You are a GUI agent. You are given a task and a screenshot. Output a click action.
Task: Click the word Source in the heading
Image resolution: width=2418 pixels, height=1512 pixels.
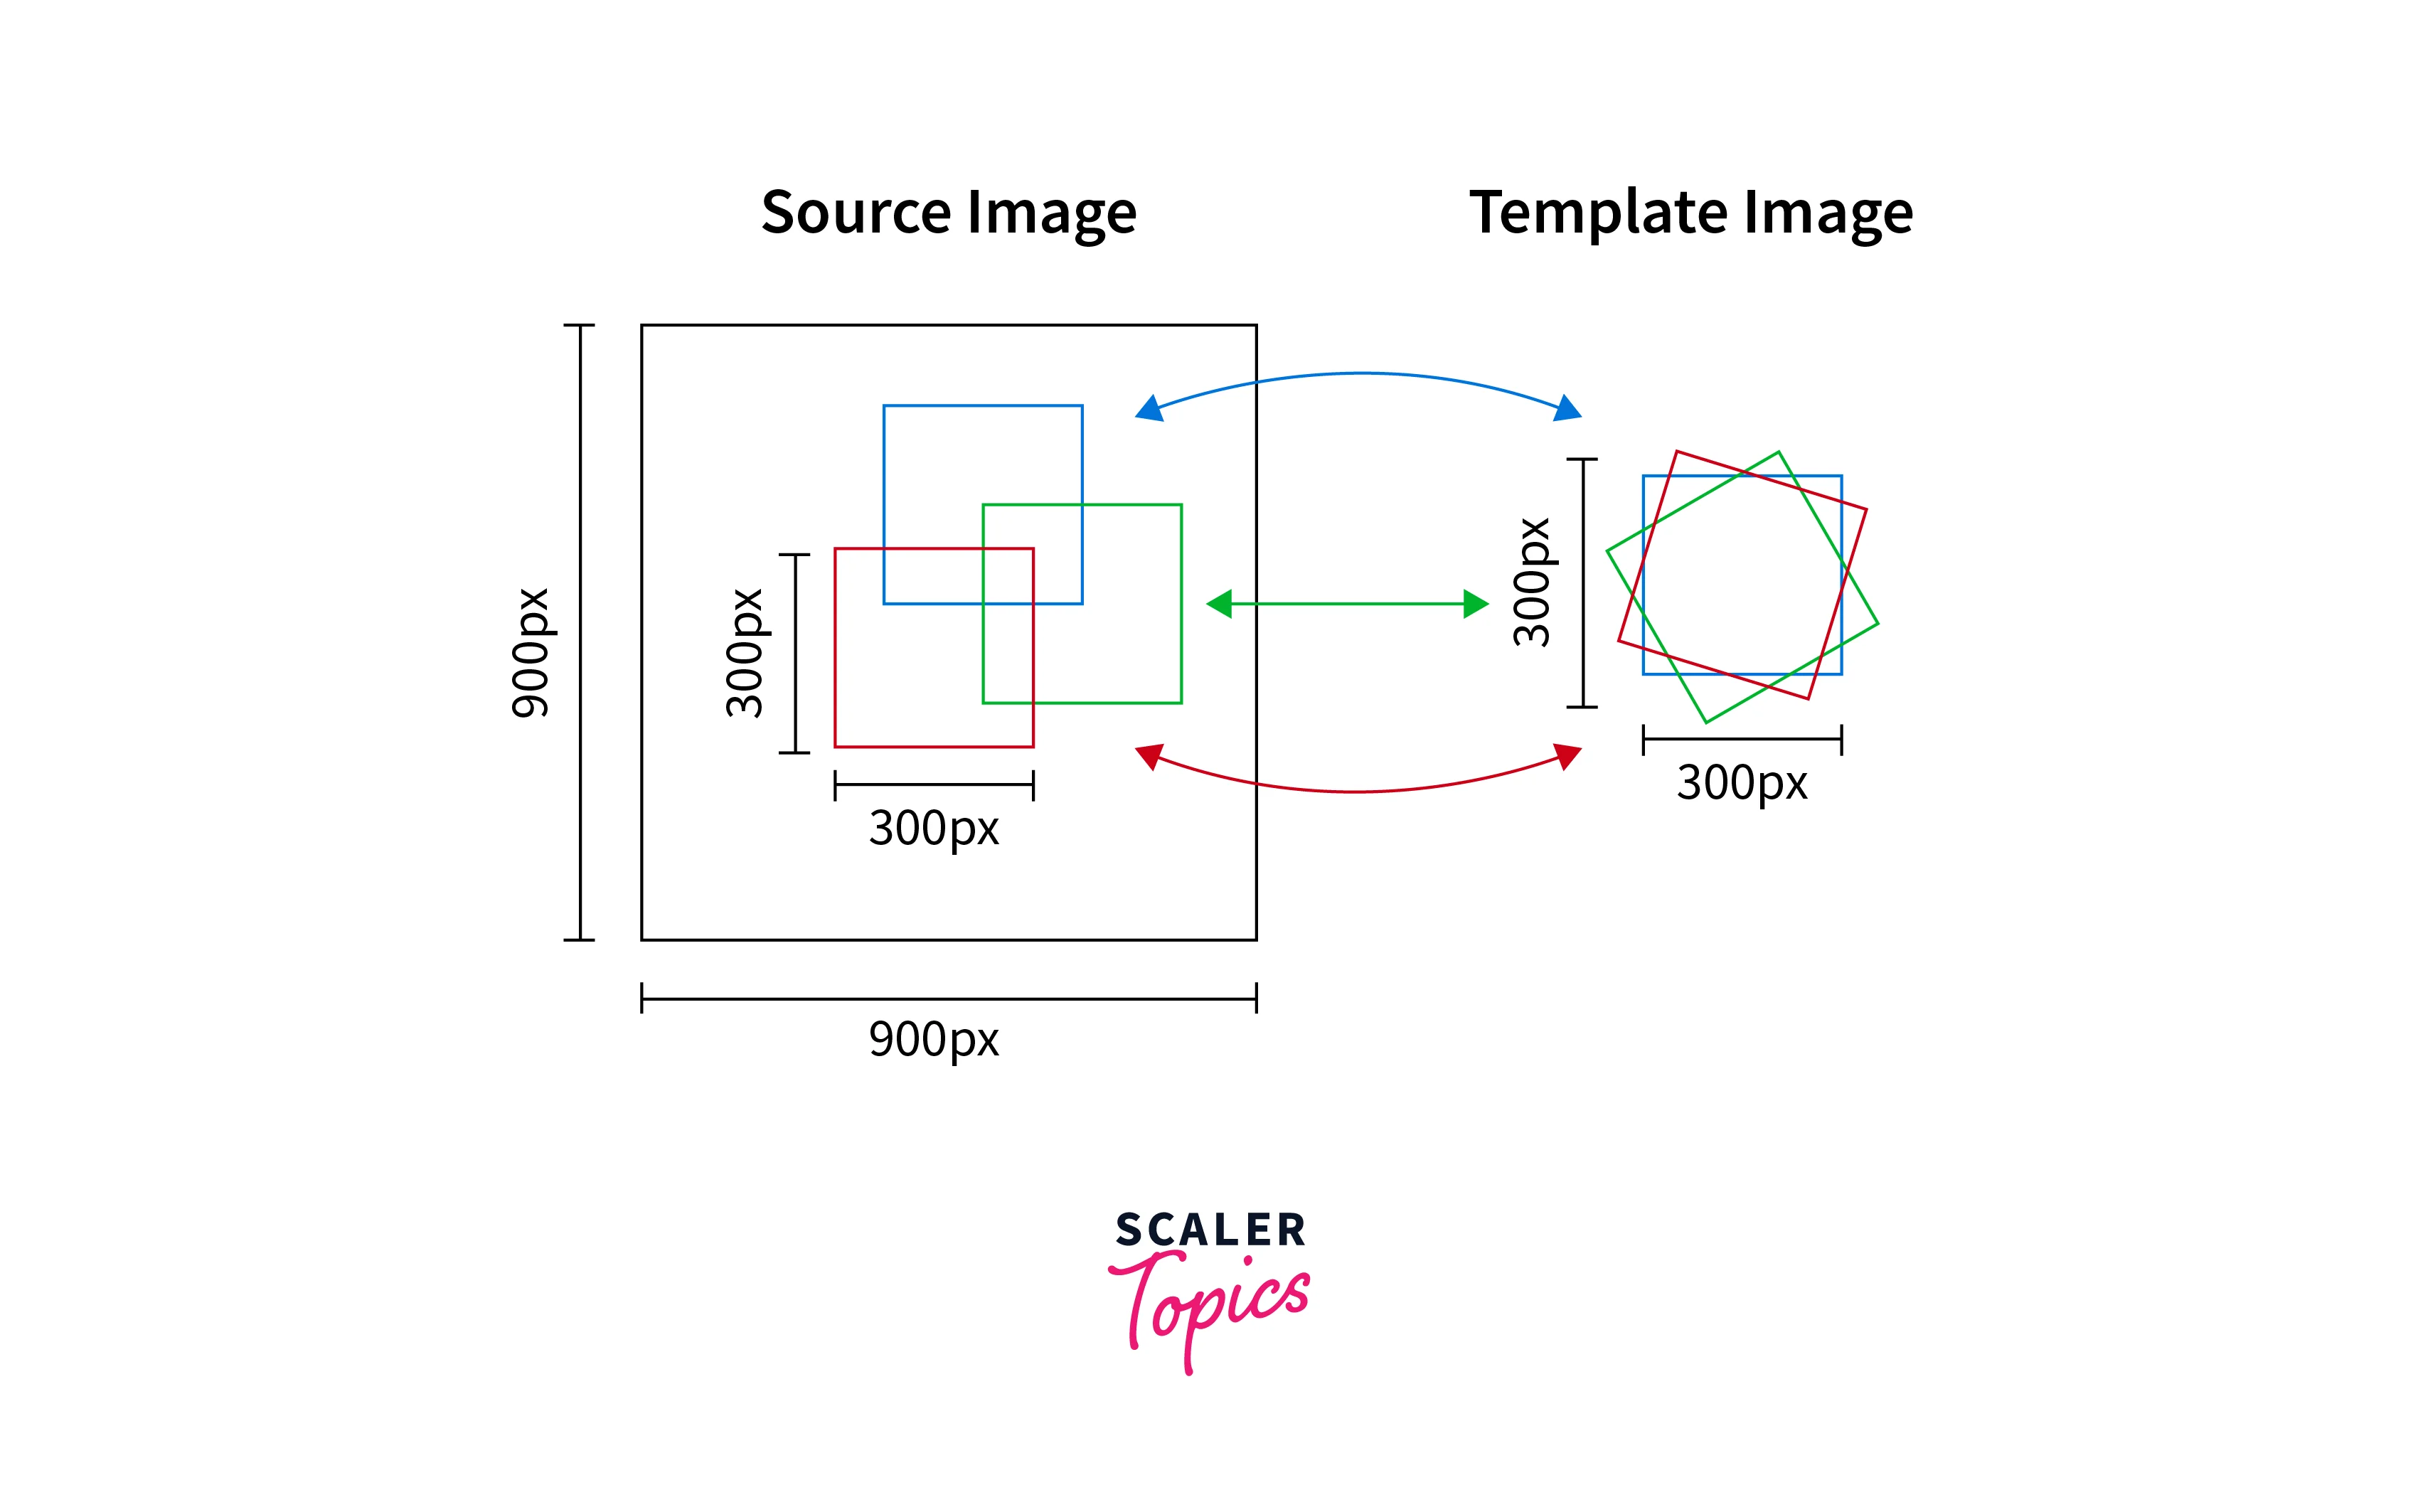(855, 212)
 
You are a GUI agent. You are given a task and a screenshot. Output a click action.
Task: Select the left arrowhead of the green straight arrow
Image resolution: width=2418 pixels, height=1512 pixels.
(1219, 604)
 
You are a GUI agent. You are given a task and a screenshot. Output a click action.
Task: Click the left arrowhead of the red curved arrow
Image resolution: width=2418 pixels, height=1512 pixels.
(1150, 756)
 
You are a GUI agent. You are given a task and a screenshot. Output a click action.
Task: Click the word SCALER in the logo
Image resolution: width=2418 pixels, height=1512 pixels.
(1210, 1230)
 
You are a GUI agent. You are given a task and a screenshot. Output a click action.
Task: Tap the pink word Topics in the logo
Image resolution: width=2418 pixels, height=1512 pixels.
(1210, 1300)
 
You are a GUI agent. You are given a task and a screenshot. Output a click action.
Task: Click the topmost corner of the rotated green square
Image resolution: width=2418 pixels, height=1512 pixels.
(1778, 452)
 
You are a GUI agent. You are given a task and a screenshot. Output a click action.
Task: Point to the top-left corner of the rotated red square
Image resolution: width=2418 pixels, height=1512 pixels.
(1676, 452)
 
